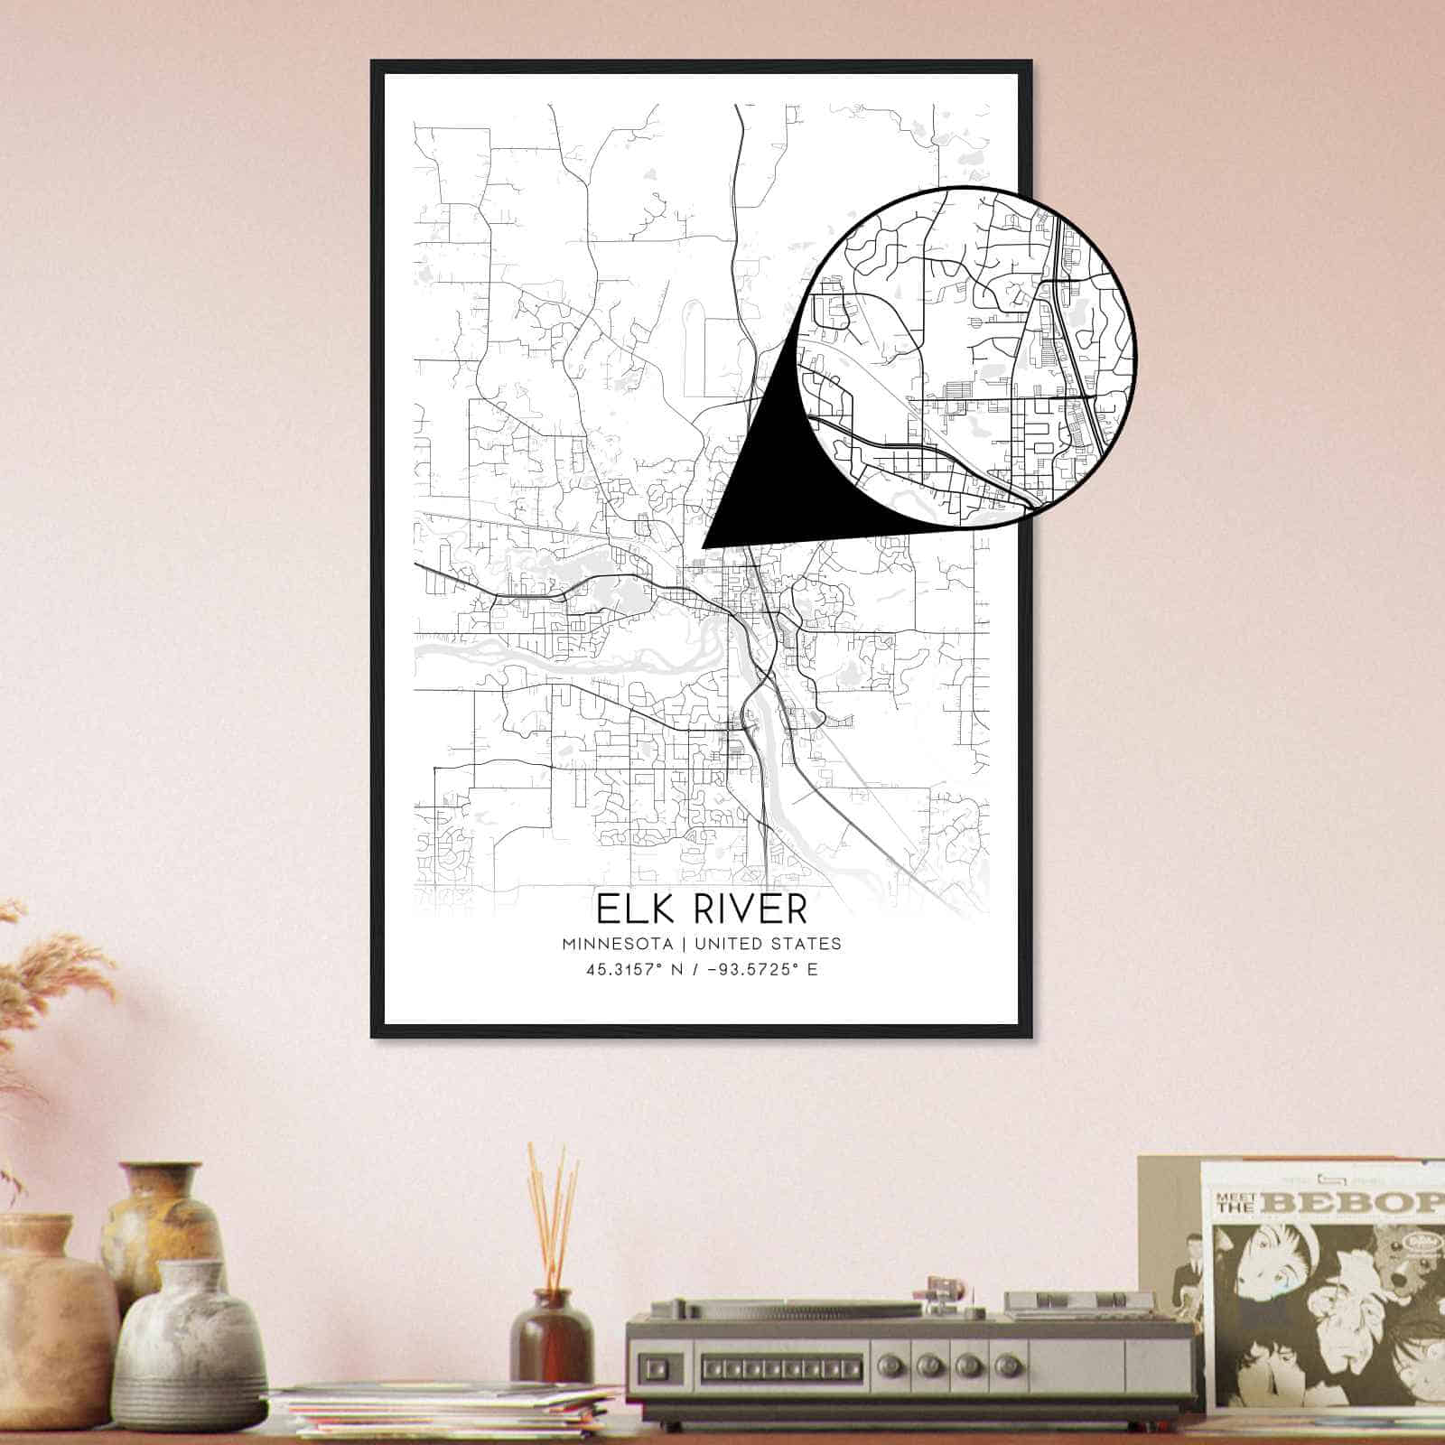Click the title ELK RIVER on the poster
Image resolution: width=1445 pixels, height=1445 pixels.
[701, 909]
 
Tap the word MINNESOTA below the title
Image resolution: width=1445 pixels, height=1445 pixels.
[618, 944]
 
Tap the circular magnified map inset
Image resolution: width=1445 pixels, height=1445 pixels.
[966, 357]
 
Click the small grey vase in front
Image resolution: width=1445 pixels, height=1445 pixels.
[189, 1346]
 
